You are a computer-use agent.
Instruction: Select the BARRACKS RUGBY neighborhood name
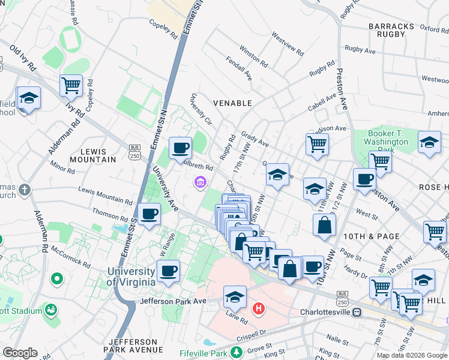391,31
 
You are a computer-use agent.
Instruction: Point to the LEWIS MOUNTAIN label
92,155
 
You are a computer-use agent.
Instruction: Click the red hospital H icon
259,308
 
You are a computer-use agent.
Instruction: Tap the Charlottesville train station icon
357,312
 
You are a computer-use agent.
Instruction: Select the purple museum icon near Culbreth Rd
200,181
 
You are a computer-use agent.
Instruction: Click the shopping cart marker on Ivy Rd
71,86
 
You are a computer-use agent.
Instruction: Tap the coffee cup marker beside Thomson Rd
149,213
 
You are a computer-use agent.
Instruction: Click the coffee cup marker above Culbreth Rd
179,148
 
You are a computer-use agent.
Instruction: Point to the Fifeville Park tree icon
238,352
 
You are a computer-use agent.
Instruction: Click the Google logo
19,353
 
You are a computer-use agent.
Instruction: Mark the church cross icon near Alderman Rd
24,190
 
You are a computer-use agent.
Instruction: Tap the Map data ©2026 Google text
411,355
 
